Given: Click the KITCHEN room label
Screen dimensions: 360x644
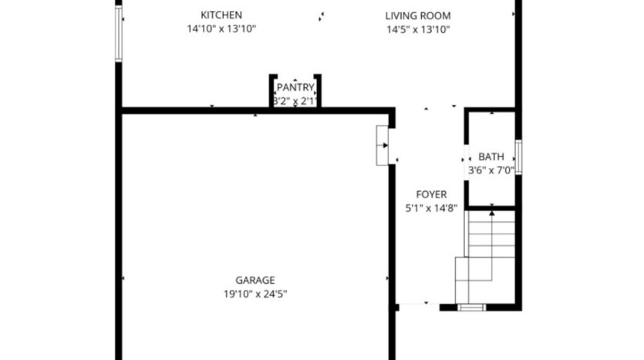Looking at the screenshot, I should click(x=221, y=15).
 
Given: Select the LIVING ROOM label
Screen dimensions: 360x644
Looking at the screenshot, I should click(x=418, y=15).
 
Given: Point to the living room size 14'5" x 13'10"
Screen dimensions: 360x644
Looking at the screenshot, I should click(x=418, y=30).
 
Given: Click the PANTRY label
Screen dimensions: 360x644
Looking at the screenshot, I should click(x=295, y=88).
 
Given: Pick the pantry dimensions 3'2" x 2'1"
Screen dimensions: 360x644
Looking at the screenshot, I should click(x=295, y=101).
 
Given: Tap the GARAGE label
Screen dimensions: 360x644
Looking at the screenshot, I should click(x=255, y=281).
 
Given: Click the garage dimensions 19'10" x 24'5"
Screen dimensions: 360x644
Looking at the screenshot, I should click(x=255, y=294).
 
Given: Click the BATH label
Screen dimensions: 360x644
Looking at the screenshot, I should click(x=491, y=157).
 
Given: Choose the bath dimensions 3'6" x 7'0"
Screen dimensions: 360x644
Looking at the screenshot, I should click(x=491, y=170).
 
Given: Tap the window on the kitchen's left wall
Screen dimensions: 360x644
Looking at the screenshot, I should click(x=119, y=34).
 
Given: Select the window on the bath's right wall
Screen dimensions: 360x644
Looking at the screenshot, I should click(x=518, y=157).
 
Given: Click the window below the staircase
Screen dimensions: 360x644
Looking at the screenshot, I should click(x=470, y=307).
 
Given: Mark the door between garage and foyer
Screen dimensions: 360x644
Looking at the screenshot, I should click(x=383, y=146).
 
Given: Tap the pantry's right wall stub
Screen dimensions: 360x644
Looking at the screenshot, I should click(x=318, y=91).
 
